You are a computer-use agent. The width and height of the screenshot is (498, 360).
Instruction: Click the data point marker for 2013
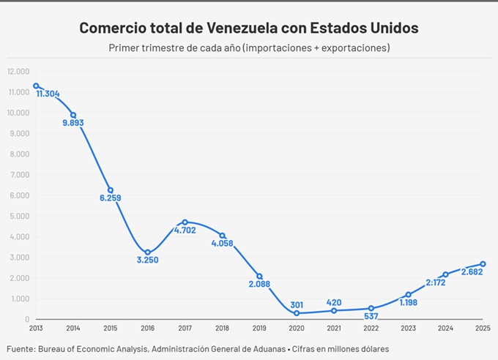coord(36,86)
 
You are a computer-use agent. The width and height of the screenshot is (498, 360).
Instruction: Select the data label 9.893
coord(73,123)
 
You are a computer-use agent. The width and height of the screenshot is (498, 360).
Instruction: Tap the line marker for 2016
coord(148,252)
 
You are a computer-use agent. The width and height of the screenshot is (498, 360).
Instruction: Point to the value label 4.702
coord(185,230)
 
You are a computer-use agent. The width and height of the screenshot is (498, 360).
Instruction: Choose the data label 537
coord(371,317)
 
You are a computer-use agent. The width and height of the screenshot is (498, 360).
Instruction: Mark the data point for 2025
coord(483,264)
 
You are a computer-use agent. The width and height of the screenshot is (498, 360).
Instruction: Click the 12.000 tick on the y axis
coord(18,71)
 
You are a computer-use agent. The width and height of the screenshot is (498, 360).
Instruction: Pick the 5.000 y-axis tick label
coord(19,216)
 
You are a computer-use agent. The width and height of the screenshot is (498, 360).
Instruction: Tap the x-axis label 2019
coord(259,328)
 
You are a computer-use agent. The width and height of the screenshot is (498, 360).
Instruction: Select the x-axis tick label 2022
coord(371,328)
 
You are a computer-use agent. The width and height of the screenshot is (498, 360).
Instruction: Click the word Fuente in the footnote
coord(23,348)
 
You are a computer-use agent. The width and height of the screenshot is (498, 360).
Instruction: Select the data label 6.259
coord(111,198)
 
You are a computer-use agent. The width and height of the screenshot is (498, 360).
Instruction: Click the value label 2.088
coord(259,284)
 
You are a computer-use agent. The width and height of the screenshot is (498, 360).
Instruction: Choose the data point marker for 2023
coord(409,295)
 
